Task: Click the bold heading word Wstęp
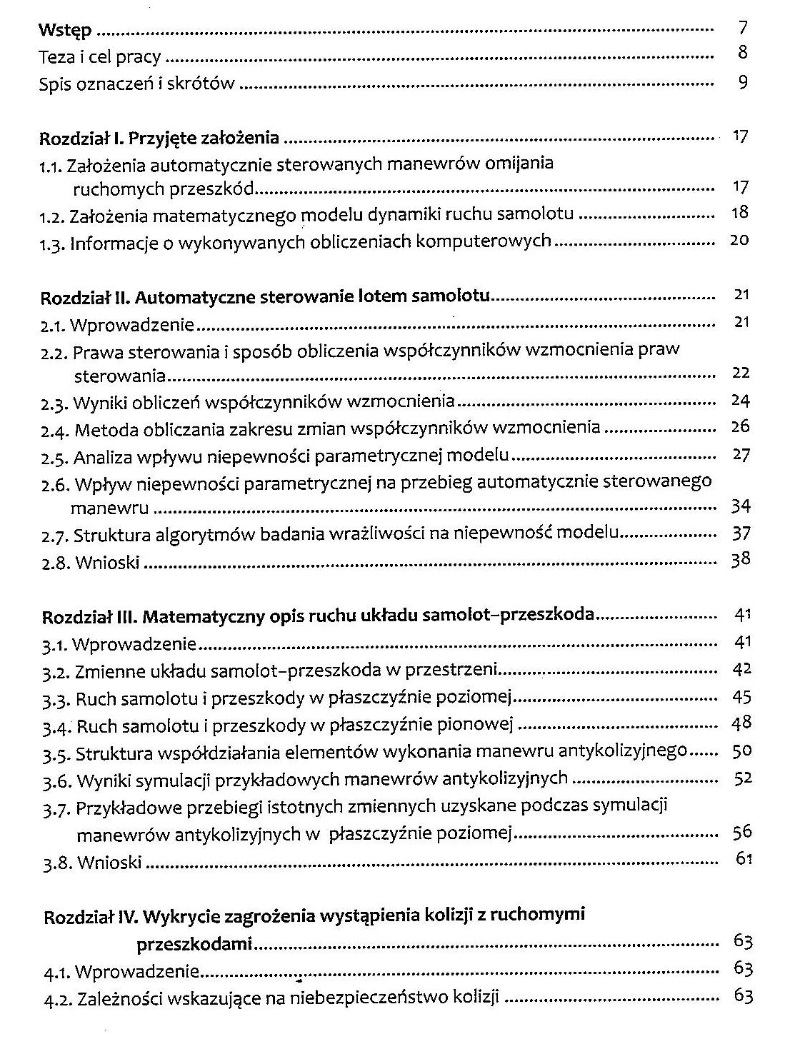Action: pyautogui.click(x=65, y=31)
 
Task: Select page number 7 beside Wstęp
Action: pyautogui.click(x=743, y=29)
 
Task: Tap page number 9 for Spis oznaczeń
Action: pyautogui.click(x=743, y=82)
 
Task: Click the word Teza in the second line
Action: pyautogui.click(x=54, y=56)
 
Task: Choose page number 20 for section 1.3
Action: pyautogui.click(x=739, y=240)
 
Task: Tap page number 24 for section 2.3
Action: pyautogui.click(x=740, y=400)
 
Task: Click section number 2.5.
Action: pyautogui.click(x=54, y=456)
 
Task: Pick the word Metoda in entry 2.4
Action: pyautogui.click(x=99, y=428)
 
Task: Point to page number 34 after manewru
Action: pyautogui.click(x=741, y=507)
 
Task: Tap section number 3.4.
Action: pyautogui.click(x=54, y=727)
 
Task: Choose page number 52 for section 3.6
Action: pyautogui.click(x=743, y=778)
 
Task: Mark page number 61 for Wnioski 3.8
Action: pyautogui.click(x=744, y=858)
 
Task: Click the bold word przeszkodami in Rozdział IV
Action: pyautogui.click(x=194, y=945)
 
